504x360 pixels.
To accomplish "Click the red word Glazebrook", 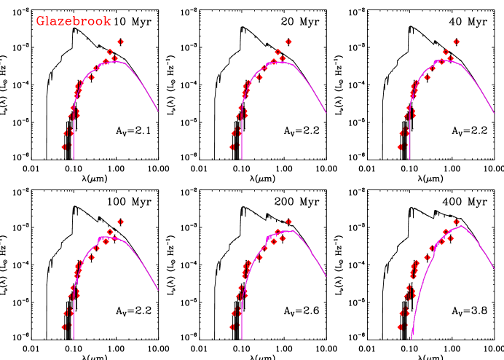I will click(74, 22).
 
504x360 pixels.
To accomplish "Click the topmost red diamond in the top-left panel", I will click(120, 42).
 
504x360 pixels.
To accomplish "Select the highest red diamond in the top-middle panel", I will click(288, 42).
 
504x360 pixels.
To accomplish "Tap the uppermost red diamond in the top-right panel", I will click(456, 42).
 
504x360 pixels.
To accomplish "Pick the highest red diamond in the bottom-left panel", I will click(120, 222).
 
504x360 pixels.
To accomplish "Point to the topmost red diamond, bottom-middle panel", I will click(288, 222).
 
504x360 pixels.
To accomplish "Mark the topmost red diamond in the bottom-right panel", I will click(456, 222).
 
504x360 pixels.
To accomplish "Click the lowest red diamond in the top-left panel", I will click(64, 146).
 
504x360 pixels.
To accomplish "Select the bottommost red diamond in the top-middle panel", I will click(232, 146).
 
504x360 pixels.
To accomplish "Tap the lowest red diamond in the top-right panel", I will click(400, 146).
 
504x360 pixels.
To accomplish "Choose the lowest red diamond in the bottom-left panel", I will click(64, 327).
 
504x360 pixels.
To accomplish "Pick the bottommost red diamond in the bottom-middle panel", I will click(232, 327).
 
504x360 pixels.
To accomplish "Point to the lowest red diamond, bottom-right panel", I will click(400, 327).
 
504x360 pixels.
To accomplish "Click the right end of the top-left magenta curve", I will click(158, 111).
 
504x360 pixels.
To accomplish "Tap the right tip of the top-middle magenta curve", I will click(326, 113).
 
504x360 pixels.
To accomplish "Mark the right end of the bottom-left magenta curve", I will click(158, 291).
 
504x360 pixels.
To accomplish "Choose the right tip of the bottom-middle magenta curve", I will click(326, 293).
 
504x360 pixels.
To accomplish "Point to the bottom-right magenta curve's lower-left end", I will click(412, 339).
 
